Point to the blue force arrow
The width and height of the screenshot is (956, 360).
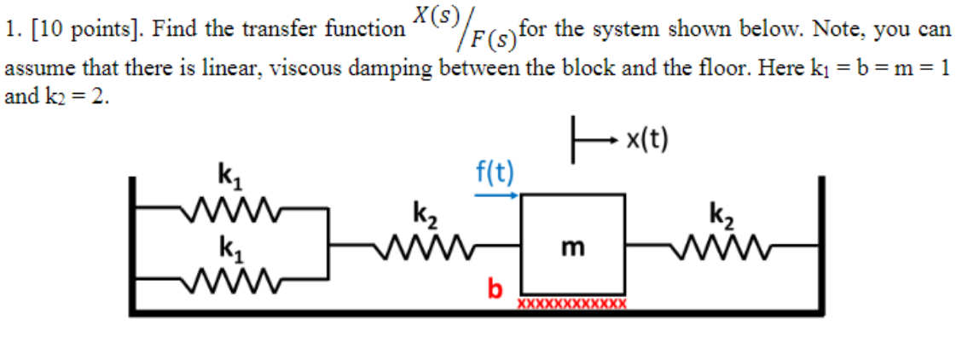495,195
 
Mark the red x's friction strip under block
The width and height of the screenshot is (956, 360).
572,303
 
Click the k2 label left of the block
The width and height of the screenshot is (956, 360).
426,214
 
